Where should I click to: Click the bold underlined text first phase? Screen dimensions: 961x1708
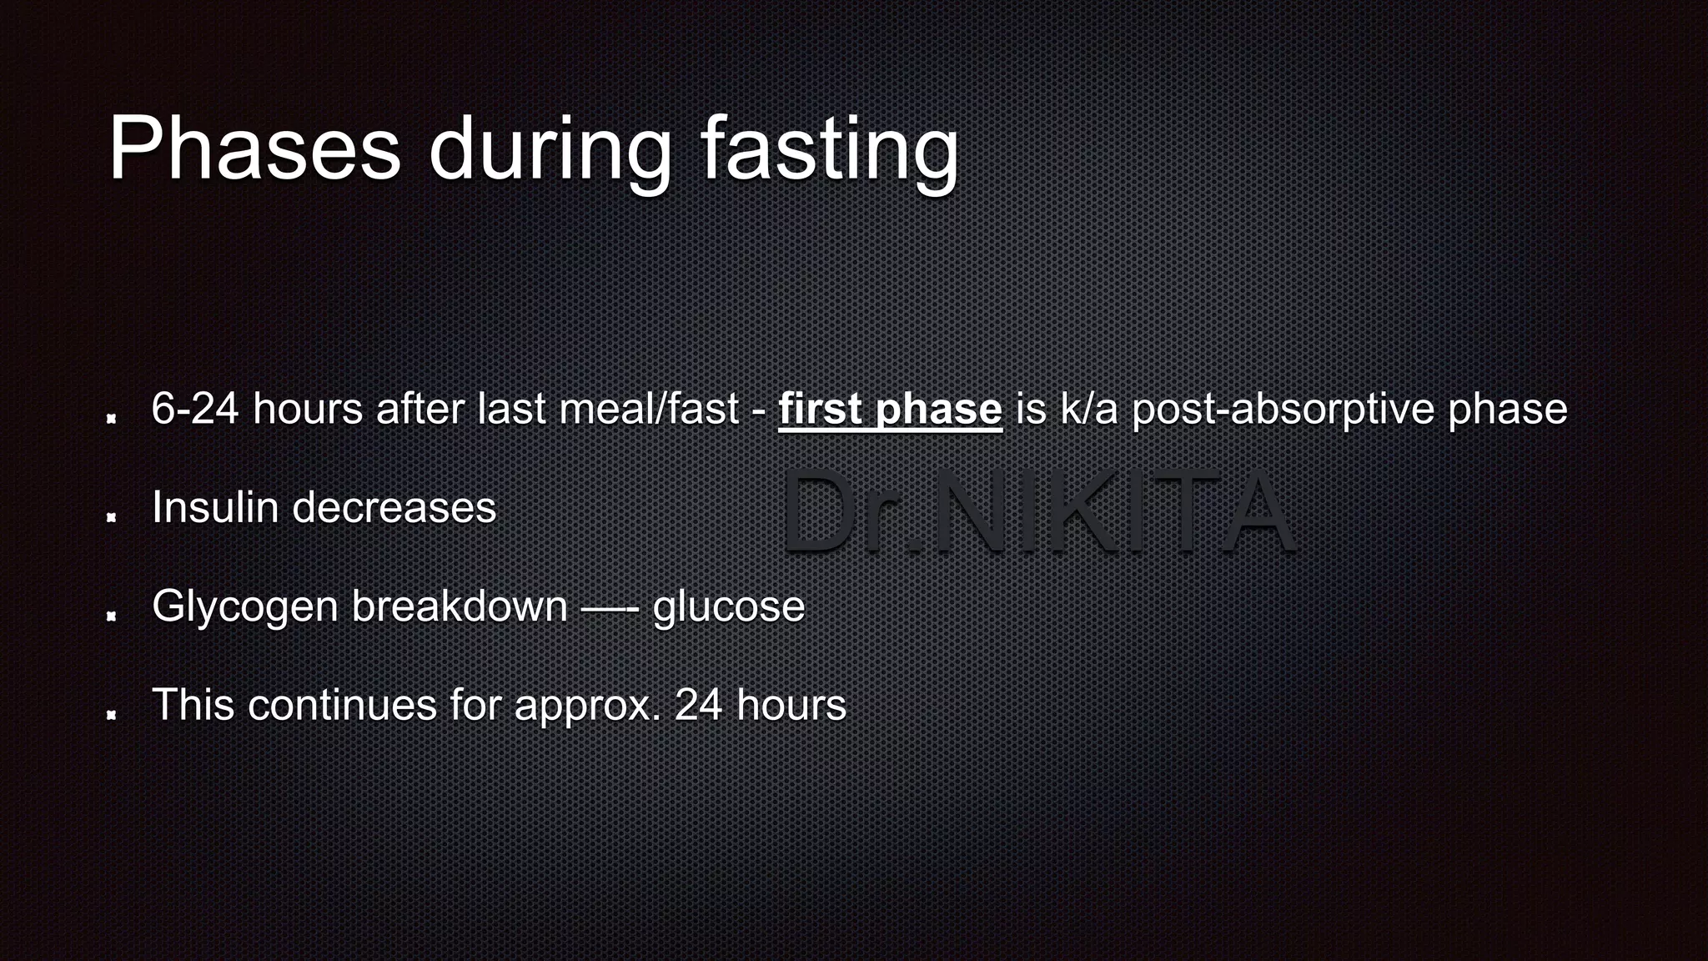(x=890, y=409)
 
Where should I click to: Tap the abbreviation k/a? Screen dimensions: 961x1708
(x=1089, y=409)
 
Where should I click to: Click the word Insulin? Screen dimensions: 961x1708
(x=215, y=507)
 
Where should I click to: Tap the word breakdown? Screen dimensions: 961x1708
(x=460, y=606)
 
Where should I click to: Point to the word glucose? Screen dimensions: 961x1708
(x=729, y=606)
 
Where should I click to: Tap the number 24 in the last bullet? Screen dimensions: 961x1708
(x=698, y=705)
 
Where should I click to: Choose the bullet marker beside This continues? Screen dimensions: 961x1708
(x=111, y=715)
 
